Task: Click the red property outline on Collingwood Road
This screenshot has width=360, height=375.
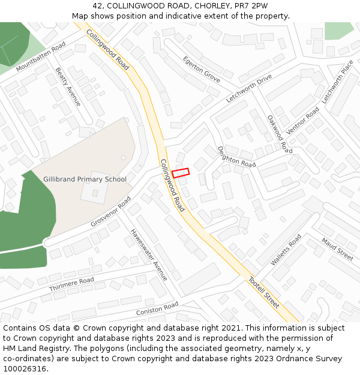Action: pyautogui.click(x=181, y=173)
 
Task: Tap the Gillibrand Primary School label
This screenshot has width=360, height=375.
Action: pyautogui.click(x=85, y=179)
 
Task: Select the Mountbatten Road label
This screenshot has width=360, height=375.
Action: pyautogui.click(x=41, y=58)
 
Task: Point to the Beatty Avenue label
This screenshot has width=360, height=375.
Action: pyautogui.click(x=68, y=87)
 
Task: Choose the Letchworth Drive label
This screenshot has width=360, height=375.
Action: pyautogui.click(x=249, y=89)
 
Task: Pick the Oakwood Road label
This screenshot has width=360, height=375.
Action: pyautogui.click(x=280, y=134)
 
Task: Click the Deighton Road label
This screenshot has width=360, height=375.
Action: pyautogui.click(x=236, y=157)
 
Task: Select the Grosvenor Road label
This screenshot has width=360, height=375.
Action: pyautogui.click(x=111, y=212)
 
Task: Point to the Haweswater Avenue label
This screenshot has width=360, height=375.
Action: pyautogui.click(x=149, y=254)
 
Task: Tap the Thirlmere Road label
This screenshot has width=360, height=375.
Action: pyautogui.click(x=72, y=284)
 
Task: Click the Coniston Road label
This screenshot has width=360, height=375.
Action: pyautogui.click(x=157, y=308)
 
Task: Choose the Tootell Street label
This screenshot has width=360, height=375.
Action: pyautogui.click(x=264, y=293)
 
